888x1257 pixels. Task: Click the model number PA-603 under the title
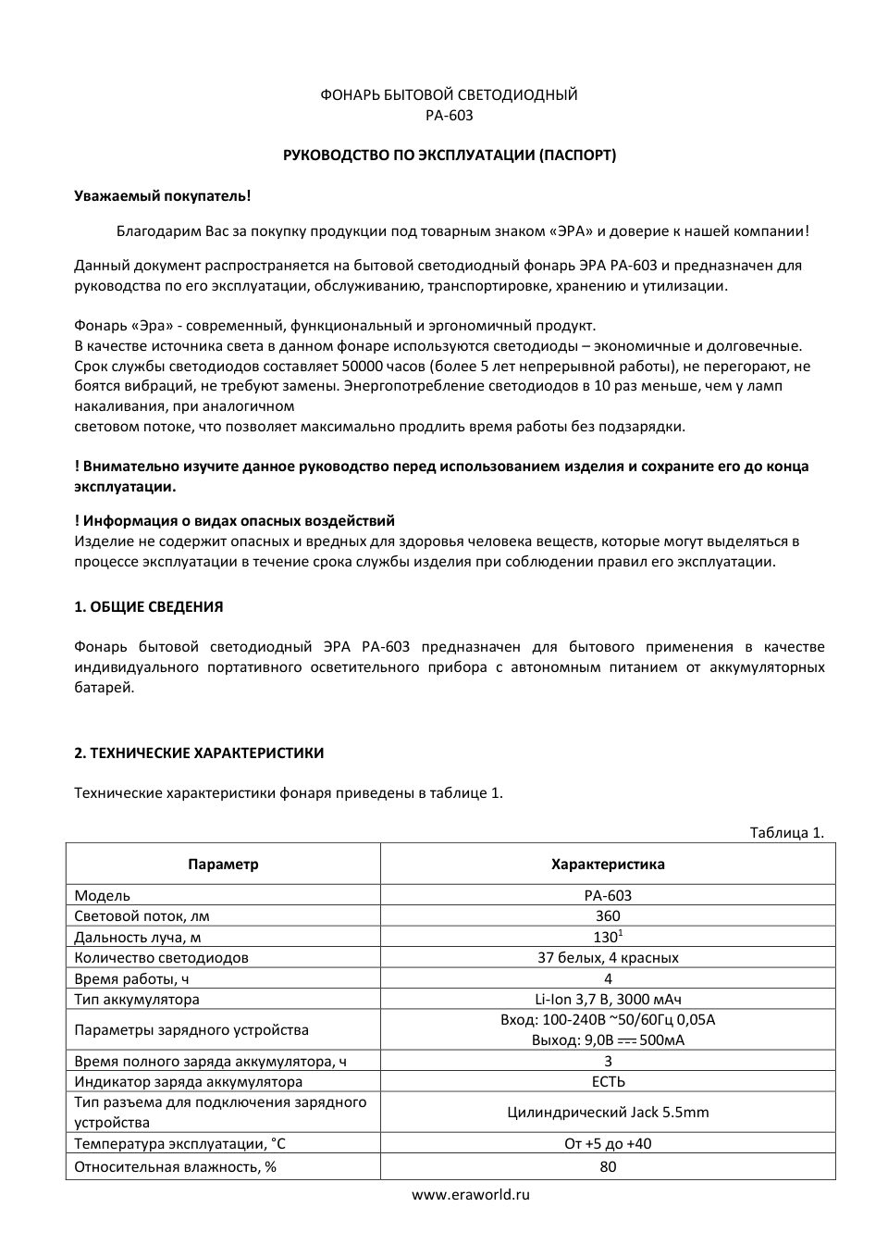pyautogui.click(x=449, y=116)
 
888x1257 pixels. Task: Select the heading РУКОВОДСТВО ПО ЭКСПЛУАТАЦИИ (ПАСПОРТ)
pyautogui.click(x=449, y=156)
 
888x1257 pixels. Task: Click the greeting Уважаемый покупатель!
pyautogui.click(x=162, y=196)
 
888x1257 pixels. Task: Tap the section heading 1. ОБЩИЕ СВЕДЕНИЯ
pyautogui.click(x=148, y=607)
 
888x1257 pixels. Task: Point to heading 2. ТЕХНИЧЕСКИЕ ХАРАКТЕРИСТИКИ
pyautogui.click(x=199, y=753)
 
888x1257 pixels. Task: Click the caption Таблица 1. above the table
pyautogui.click(x=785, y=832)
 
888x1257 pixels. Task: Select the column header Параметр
pyautogui.click(x=223, y=865)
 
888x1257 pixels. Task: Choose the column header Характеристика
pyautogui.click(x=608, y=865)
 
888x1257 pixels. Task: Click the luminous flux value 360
pyautogui.click(x=608, y=916)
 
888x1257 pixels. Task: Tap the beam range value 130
pyautogui.click(x=606, y=937)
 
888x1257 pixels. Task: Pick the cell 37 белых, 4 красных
pyautogui.click(x=608, y=958)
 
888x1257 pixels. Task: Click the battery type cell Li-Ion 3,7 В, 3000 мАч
pyautogui.click(x=608, y=1000)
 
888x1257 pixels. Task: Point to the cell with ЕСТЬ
pyautogui.click(x=608, y=1082)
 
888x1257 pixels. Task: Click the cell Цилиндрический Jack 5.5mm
pyautogui.click(x=608, y=1113)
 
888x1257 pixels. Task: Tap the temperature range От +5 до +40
pyautogui.click(x=608, y=1144)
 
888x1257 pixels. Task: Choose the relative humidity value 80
pyautogui.click(x=608, y=1167)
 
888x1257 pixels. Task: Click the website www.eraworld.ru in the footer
pyautogui.click(x=471, y=1195)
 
